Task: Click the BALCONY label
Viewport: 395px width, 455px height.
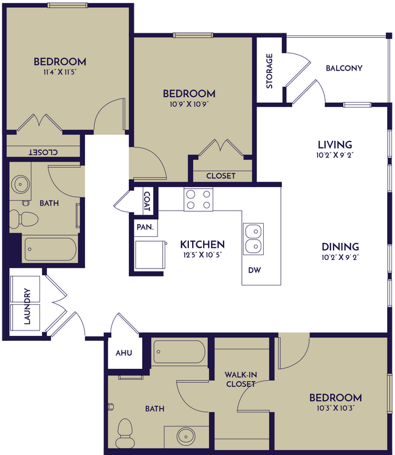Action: (344, 68)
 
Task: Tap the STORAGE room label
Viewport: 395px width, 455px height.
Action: (269, 71)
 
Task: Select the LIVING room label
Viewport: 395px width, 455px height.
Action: (335, 145)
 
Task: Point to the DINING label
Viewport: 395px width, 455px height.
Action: (340, 247)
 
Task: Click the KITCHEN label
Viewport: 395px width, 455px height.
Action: (202, 244)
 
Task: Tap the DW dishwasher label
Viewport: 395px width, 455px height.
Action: (255, 270)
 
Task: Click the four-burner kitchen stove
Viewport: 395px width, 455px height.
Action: (199, 199)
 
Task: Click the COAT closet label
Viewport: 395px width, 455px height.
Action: (146, 200)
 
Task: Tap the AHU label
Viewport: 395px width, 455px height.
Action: (124, 353)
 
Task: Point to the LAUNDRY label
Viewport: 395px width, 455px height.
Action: (27, 307)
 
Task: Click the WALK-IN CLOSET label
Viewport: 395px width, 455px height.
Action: (240, 379)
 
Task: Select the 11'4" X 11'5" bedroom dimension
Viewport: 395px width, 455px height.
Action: (60, 72)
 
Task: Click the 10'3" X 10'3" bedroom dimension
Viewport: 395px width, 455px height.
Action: (335, 408)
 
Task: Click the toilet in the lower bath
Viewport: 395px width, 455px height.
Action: (126, 429)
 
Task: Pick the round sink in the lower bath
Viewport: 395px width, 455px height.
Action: (186, 436)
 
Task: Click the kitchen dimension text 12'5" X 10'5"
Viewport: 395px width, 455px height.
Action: (202, 255)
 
